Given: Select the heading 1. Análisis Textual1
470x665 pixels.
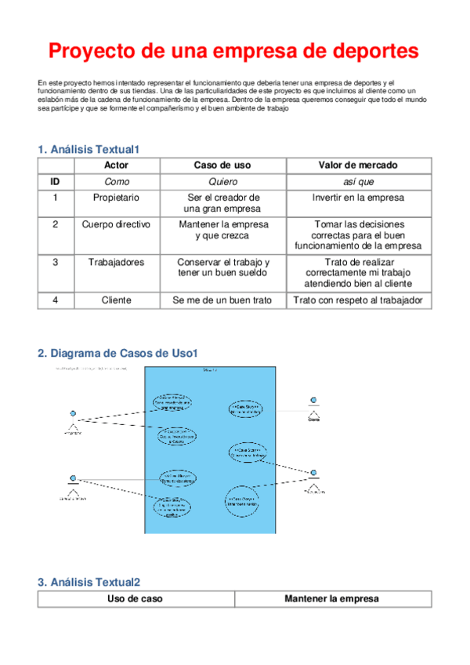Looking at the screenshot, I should tap(89, 149).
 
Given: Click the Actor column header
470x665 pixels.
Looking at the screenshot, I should tap(116, 165).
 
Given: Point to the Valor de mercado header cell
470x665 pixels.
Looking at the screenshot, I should tap(358, 165).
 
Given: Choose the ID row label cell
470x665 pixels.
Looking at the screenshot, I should tap(55, 181).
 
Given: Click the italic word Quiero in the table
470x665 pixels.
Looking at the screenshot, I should tap(222, 181).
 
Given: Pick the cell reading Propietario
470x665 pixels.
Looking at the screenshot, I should tap(116, 198).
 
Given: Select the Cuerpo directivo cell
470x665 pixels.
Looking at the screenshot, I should tap(116, 224).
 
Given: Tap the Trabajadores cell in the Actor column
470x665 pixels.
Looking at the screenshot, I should tap(116, 262).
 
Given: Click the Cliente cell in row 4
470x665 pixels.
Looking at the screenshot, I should tap(116, 300).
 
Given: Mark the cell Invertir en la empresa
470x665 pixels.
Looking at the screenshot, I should tap(358, 198).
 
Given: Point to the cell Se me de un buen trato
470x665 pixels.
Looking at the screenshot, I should tap(222, 300).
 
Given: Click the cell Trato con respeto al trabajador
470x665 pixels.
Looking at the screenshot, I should tap(358, 300).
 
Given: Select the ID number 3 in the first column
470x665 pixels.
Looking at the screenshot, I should tap(55, 262).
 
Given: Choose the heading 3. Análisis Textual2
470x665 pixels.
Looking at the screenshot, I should tap(89, 582).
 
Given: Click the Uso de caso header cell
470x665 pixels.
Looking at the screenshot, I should tap(135, 599).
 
